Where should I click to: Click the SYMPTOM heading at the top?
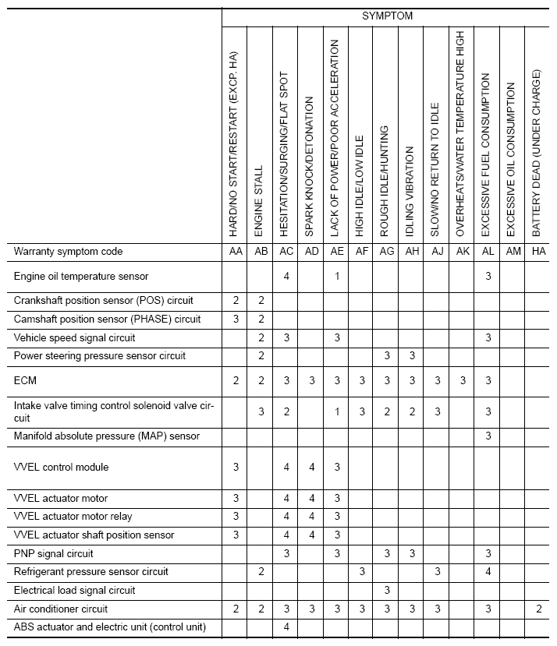387,16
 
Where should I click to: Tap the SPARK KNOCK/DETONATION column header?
310,167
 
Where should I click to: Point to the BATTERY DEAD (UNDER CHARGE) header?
537,153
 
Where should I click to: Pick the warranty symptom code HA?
537,252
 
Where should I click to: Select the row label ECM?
25,380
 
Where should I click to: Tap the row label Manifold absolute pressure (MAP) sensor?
107,436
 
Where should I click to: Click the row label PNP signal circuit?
53,553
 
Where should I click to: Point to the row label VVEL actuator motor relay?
73,517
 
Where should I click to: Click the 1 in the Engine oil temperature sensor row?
336,276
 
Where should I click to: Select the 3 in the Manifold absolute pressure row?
488,436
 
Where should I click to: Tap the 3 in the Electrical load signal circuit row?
386,590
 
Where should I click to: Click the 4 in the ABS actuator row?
286,627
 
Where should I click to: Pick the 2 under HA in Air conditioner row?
537,609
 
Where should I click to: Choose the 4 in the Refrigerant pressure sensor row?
488,572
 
